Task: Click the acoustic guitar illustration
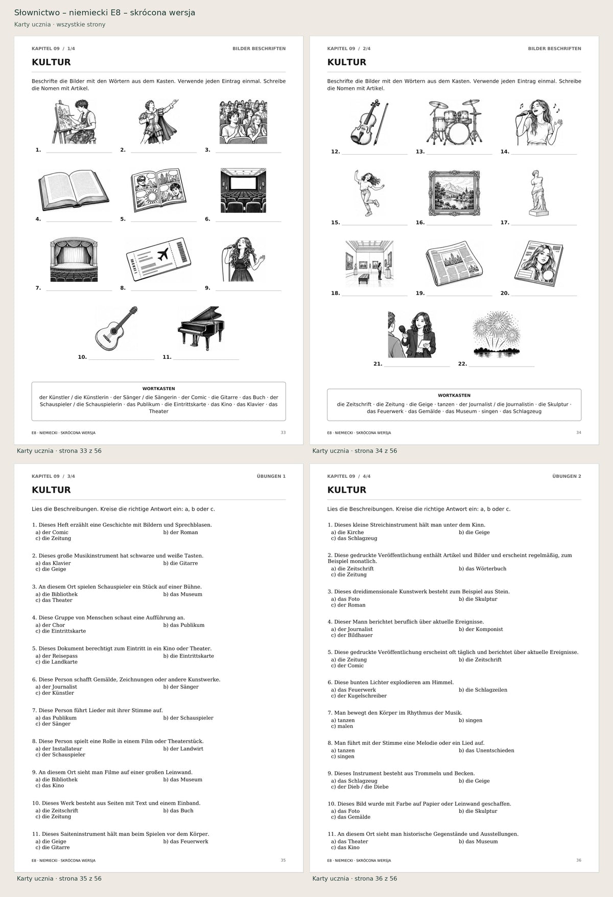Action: pos(116,328)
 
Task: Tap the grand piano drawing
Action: pos(201,328)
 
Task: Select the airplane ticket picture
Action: pos(158,259)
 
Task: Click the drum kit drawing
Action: pos(455,123)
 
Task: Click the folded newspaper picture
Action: pos(455,263)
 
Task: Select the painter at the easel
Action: pos(74,122)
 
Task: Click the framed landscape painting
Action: pos(455,193)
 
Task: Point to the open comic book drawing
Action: pos(158,191)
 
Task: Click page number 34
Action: pos(578,432)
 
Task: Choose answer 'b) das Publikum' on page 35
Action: pos(184,625)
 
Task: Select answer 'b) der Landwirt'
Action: pos(183,748)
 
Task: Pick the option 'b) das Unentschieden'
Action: pos(486,750)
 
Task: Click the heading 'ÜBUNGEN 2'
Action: pos(567,476)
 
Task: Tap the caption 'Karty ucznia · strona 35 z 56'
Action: pos(59,879)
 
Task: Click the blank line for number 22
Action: pos(502,366)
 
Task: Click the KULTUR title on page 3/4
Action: pos(51,490)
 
